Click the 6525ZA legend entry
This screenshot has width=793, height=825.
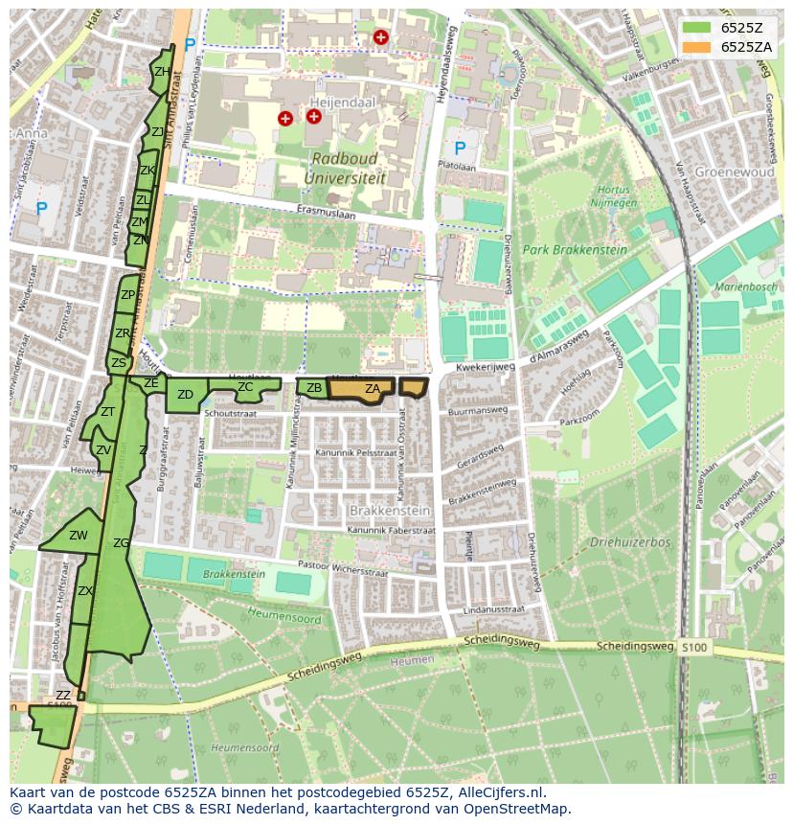(725, 46)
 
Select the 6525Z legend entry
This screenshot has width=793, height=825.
(725, 28)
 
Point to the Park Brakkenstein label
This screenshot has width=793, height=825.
(575, 250)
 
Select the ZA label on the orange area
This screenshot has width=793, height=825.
(373, 388)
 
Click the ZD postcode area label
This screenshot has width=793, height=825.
(186, 395)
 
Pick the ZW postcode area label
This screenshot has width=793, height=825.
(79, 536)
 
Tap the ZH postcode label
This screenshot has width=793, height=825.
(162, 72)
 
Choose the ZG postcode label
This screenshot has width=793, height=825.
(121, 543)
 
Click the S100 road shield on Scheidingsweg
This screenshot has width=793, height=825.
(695, 648)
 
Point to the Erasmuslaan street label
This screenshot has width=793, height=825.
(326, 216)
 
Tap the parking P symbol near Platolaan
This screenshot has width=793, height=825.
(460, 149)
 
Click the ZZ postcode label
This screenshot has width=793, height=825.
(63, 695)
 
